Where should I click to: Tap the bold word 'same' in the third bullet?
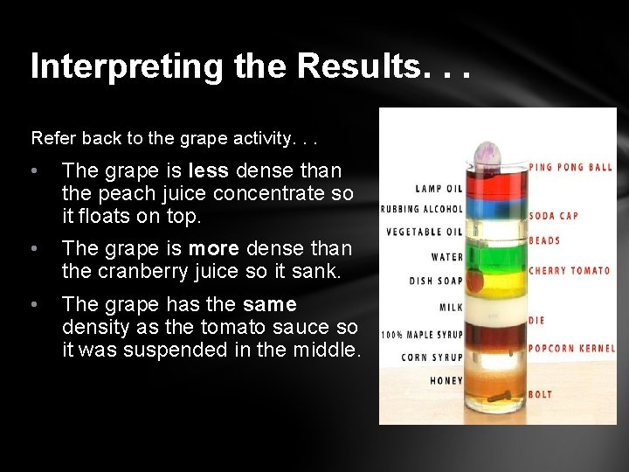(269, 304)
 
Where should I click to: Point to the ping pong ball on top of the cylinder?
(486, 156)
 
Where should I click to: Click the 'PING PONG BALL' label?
(570, 167)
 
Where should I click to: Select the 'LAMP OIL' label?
(439, 188)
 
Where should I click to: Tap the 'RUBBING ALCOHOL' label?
(421, 209)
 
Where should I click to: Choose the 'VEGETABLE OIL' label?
(424, 233)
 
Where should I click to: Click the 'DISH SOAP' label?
(436, 281)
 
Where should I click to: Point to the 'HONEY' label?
(446, 380)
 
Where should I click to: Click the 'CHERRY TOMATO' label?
(570, 271)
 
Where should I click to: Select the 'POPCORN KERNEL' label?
(570, 348)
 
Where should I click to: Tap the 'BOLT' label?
(541, 395)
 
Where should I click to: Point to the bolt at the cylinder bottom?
(499, 398)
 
